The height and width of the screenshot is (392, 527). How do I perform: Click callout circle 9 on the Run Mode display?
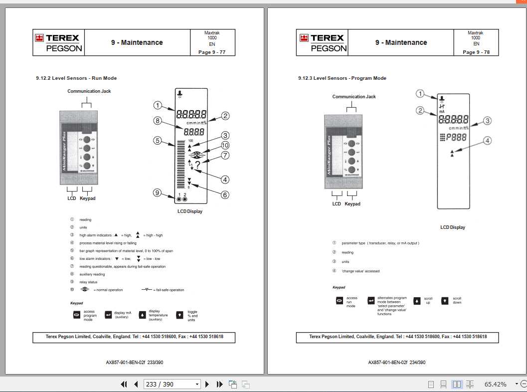click(158, 193)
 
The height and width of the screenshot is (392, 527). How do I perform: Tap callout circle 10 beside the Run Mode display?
click(225, 145)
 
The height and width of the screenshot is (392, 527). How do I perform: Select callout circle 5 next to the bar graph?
click(158, 141)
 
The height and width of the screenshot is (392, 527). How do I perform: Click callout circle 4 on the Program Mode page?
click(487, 141)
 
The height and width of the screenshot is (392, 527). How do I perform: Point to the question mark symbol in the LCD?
click(198, 165)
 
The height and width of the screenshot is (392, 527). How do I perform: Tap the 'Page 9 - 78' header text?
click(476, 52)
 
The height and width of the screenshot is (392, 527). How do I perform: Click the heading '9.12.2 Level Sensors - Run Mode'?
click(76, 78)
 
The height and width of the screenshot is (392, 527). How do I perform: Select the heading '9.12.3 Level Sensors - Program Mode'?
click(342, 78)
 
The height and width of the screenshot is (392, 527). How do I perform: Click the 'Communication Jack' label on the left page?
click(89, 91)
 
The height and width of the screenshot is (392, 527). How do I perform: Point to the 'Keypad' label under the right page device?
click(352, 204)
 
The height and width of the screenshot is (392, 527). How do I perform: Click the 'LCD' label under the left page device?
click(72, 198)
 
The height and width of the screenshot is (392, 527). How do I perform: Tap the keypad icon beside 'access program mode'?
click(77, 315)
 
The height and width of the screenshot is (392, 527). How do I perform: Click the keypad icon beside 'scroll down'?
click(445, 301)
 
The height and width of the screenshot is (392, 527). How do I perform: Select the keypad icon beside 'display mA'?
click(108, 315)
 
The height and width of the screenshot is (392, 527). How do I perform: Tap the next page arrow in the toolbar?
click(207, 384)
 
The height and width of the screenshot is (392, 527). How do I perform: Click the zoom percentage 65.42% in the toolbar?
click(495, 384)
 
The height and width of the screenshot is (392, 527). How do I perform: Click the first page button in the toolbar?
click(124, 384)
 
